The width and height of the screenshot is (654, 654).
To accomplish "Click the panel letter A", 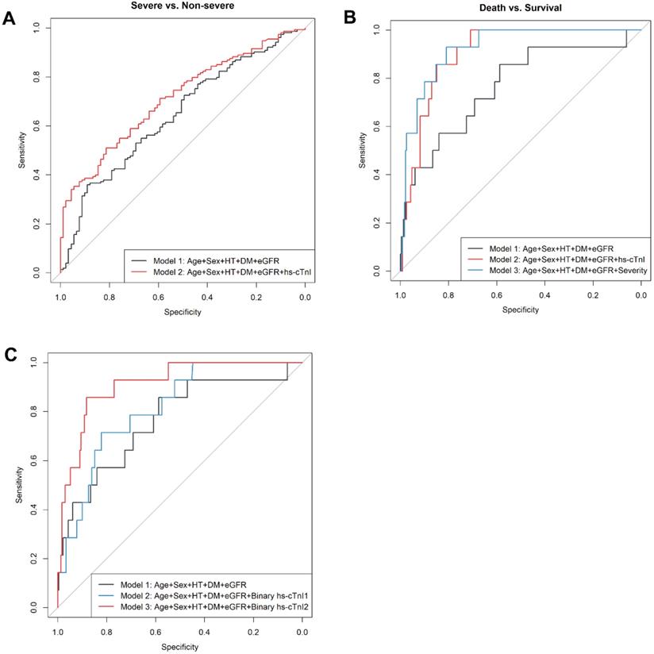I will pos(10,18).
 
